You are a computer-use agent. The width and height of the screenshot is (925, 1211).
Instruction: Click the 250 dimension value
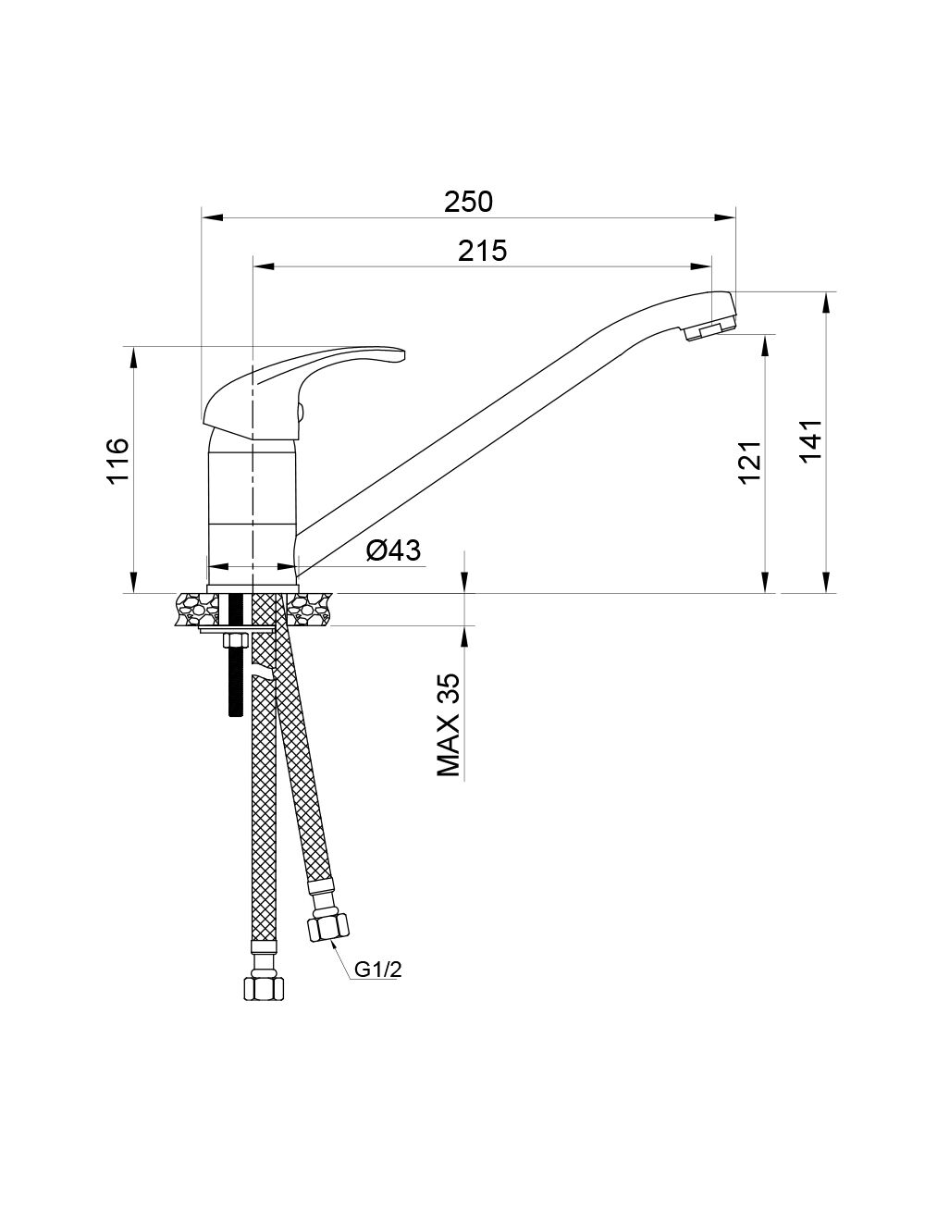click(x=468, y=202)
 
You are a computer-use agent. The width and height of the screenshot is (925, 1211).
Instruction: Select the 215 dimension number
click(x=482, y=251)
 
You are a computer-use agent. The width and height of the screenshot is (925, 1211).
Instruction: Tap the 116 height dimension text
click(x=117, y=462)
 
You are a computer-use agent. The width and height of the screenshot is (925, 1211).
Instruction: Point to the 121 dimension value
click(x=749, y=463)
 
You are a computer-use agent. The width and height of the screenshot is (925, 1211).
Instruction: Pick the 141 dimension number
click(x=811, y=441)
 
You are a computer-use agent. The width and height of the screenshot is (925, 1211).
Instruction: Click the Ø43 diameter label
click(x=393, y=550)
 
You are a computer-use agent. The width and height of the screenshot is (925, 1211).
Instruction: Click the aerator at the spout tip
click(x=709, y=330)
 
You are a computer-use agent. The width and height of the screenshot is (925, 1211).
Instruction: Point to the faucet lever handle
click(x=298, y=386)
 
